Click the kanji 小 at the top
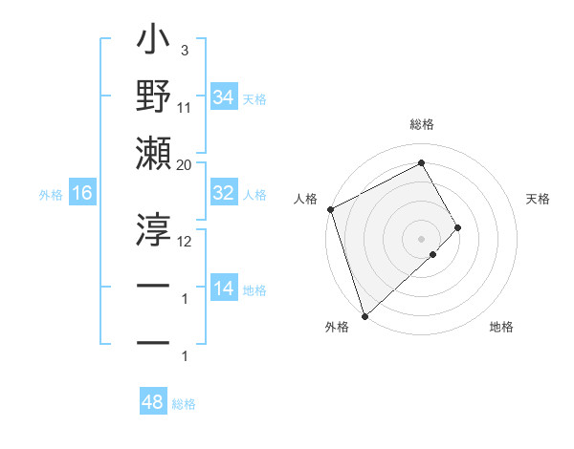(154, 43)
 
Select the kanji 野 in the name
(154, 98)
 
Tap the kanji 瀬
(154, 154)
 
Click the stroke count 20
(185, 164)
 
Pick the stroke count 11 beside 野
(185, 108)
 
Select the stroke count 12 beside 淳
(185, 241)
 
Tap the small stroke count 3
(185, 51)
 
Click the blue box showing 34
(223, 97)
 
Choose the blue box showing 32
(223, 193)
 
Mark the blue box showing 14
(223, 289)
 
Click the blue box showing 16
(81, 194)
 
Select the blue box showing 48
(153, 402)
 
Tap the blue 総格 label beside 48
(184, 404)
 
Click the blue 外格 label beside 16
(51, 195)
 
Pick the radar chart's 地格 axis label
(501, 328)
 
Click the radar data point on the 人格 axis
(330, 209)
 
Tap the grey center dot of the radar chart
(421, 237)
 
